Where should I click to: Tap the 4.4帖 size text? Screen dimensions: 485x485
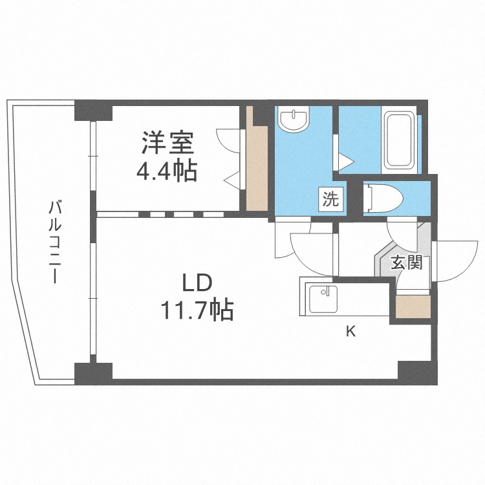pyautogui.click(x=166, y=171)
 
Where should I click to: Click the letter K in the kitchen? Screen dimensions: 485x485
pyautogui.click(x=350, y=332)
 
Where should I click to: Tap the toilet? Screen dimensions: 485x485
pyautogui.click(x=385, y=198)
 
